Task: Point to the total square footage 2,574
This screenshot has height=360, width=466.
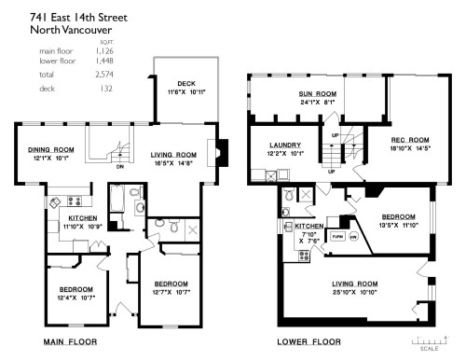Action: point(105,72)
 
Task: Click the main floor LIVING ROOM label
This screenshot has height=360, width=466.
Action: point(174,155)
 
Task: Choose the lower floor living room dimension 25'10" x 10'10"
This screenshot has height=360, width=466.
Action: point(354,292)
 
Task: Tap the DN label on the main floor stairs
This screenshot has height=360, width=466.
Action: point(119,168)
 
